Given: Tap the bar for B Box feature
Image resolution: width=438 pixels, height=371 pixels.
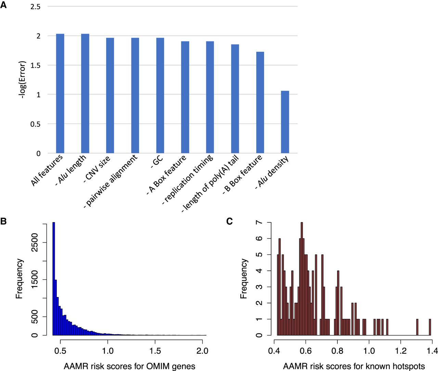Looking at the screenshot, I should [x=260, y=102].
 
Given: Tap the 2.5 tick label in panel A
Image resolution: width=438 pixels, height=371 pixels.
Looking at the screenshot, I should [x=35, y=7].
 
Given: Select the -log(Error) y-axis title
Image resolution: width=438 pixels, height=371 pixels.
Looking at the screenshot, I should [x=22, y=80].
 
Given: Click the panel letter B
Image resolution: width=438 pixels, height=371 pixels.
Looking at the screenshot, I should [x=4, y=221].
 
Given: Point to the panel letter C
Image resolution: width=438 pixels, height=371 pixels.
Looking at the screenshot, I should [x=230, y=221].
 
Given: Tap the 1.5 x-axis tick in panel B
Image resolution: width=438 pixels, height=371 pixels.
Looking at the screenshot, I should [x=155, y=351].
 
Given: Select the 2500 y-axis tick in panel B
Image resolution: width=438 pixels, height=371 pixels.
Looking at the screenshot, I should [x=35, y=243].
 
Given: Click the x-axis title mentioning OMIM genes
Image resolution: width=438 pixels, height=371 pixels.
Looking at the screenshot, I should [x=129, y=366].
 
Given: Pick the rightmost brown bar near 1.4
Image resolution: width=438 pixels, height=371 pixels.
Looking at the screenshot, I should [x=430, y=327].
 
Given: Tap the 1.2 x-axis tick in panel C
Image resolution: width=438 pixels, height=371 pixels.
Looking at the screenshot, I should [x=401, y=351].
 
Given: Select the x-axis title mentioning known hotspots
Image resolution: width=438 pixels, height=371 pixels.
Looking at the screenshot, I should [x=354, y=366].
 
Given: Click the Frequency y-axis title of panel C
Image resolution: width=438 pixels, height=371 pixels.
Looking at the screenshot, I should [x=244, y=279].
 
